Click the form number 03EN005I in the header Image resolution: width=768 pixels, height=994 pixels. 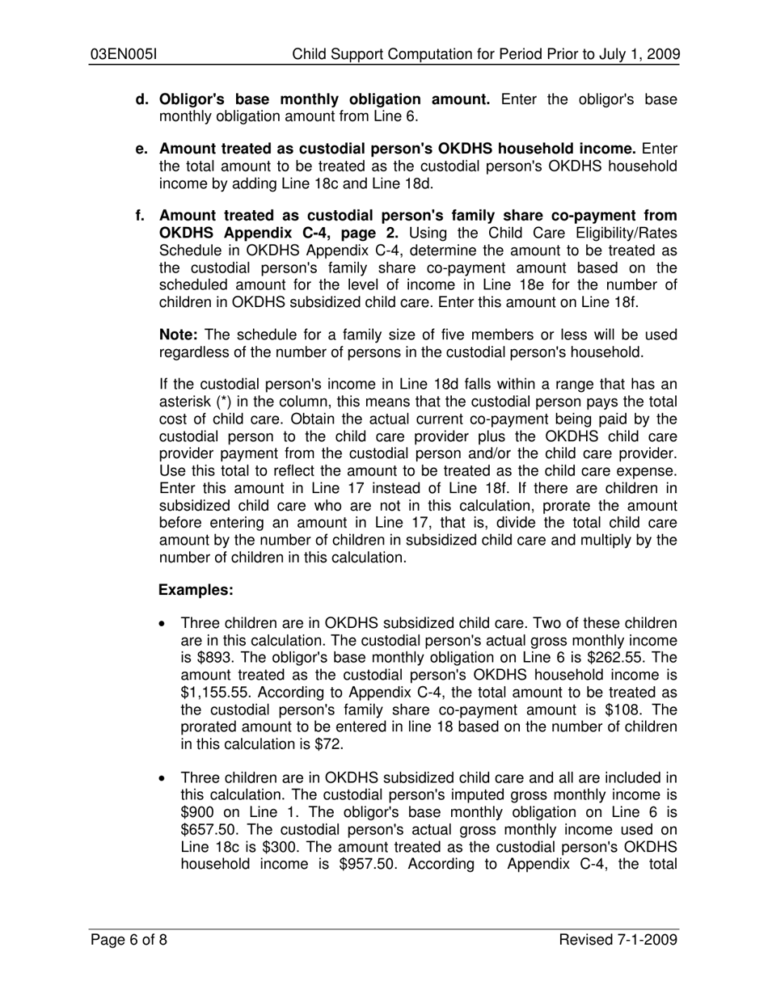pyautogui.click(x=123, y=55)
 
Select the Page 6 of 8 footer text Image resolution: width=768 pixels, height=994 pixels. pyautogui.click(x=129, y=940)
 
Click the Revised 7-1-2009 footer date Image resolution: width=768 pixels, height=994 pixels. pyautogui.click(x=618, y=940)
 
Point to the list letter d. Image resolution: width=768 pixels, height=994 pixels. pyautogui.click(x=142, y=100)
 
